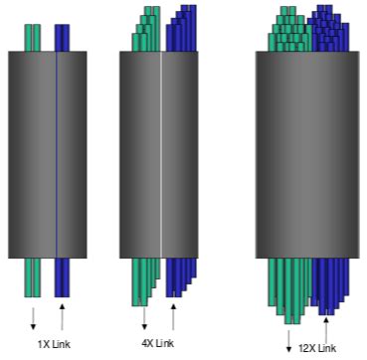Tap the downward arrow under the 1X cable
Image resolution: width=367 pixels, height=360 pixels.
pyautogui.click(x=33, y=317)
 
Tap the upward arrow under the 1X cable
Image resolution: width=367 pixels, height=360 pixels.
pyautogui.click(x=63, y=317)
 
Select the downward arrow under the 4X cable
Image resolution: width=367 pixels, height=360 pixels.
pyautogui.click(x=145, y=318)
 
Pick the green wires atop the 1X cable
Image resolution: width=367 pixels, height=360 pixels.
pyautogui.click(x=33, y=37)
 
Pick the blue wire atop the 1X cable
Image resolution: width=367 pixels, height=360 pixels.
pyautogui.click(x=62, y=37)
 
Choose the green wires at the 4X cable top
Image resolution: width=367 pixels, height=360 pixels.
pyautogui.click(x=145, y=30)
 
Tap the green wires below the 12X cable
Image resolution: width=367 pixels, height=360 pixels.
pyautogui.click(x=289, y=288)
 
